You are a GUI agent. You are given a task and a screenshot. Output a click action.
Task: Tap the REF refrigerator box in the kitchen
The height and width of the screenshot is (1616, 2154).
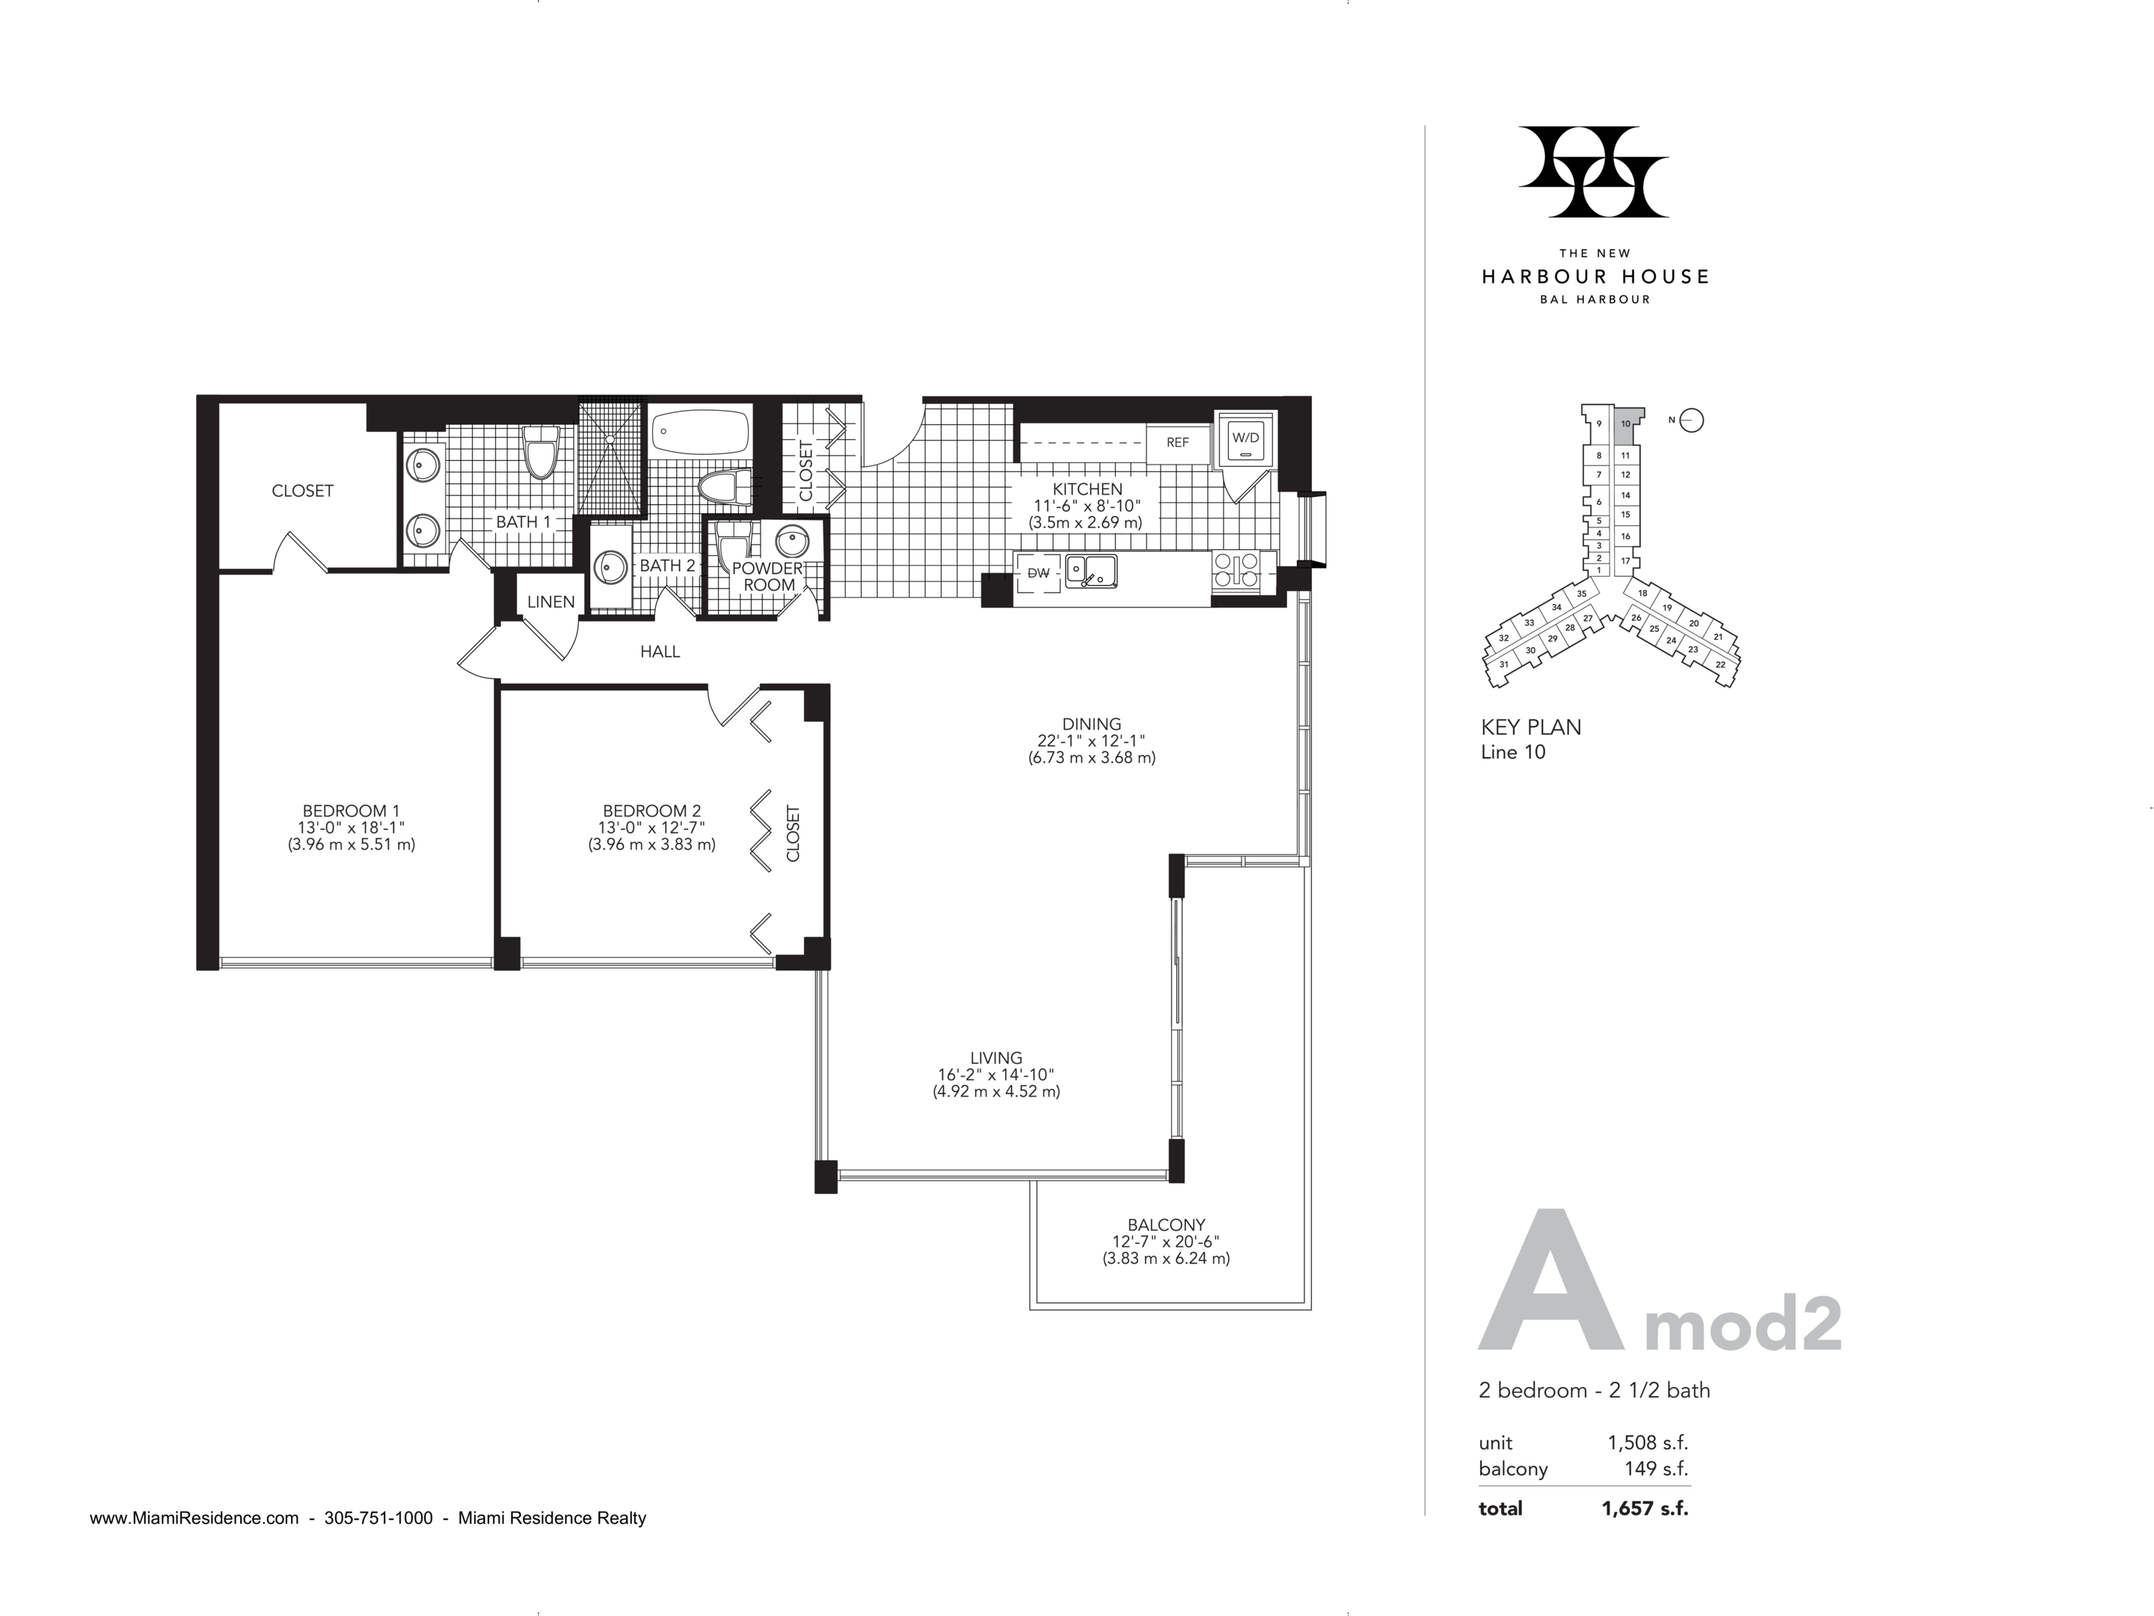(x=1178, y=443)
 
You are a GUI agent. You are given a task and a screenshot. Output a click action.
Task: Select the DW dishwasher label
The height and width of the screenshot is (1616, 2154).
(x=1038, y=573)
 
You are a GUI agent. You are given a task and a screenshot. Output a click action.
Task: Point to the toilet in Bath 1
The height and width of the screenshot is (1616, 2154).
(x=539, y=452)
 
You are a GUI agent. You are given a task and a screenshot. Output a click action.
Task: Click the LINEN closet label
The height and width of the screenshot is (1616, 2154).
(x=551, y=602)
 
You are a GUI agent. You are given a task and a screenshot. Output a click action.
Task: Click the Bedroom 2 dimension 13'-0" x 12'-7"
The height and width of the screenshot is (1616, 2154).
(x=651, y=828)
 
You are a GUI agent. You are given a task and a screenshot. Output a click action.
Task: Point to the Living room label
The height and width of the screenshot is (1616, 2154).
(x=996, y=1058)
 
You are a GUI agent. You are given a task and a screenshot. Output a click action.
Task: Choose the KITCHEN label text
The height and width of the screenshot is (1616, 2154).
(x=1087, y=489)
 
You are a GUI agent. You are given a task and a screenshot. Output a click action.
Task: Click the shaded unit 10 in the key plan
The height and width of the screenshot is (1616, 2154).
(x=1625, y=425)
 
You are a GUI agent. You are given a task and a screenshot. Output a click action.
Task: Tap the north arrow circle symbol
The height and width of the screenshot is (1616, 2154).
(x=1693, y=420)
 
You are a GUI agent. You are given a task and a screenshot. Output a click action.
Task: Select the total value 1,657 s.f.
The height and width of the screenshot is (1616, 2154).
(x=1645, y=1509)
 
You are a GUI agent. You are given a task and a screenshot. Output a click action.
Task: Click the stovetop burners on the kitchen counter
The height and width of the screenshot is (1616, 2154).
(x=1236, y=568)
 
